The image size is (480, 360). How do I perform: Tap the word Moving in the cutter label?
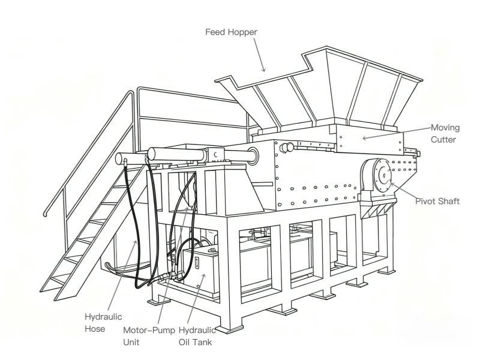click(445, 128)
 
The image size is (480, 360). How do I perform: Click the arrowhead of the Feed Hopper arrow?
click(263, 71)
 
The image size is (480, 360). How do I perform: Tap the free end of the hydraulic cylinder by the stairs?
click(120, 160)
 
